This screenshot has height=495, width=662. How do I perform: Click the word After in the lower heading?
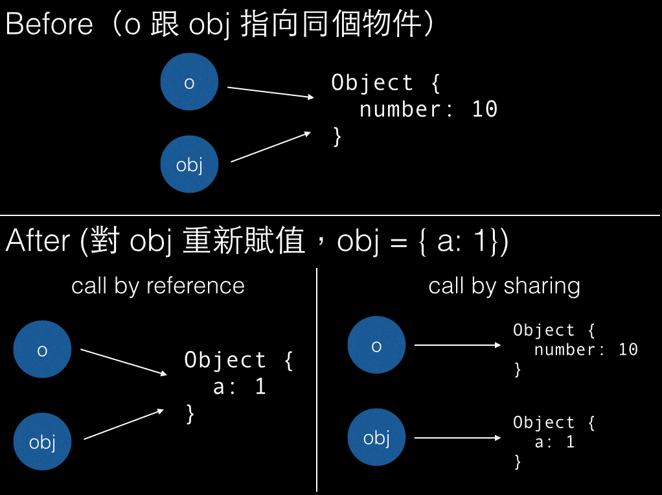pos(38,241)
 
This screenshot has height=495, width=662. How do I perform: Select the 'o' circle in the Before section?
pos(189,82)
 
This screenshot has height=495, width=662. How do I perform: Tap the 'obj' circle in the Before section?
pos(189,164)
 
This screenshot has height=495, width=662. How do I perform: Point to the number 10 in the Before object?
pos(485,109)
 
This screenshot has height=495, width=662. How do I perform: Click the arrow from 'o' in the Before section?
pos(271,92)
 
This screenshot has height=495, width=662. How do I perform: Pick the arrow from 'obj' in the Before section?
pos(271,147)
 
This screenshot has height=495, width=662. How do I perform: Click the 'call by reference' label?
pos(158,286)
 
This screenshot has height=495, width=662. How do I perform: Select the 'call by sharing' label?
pos(504,286)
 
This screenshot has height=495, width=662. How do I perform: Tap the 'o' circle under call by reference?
pos(42,349)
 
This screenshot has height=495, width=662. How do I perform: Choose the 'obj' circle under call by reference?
pos(42,441)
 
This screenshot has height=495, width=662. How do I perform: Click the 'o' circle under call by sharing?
pos(376,344)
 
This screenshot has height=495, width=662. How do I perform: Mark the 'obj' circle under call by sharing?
pos(376,437)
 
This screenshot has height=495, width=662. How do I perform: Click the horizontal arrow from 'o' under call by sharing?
pos(458,345)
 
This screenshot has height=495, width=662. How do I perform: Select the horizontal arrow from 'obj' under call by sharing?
pos(458,437)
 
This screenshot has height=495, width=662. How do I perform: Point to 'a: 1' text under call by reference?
pos(240,387)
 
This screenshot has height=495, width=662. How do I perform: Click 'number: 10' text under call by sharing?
pos(586,350)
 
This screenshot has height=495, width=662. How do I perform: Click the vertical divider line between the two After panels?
pos(317,379)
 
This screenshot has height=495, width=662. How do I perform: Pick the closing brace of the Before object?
pos(337,136)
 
